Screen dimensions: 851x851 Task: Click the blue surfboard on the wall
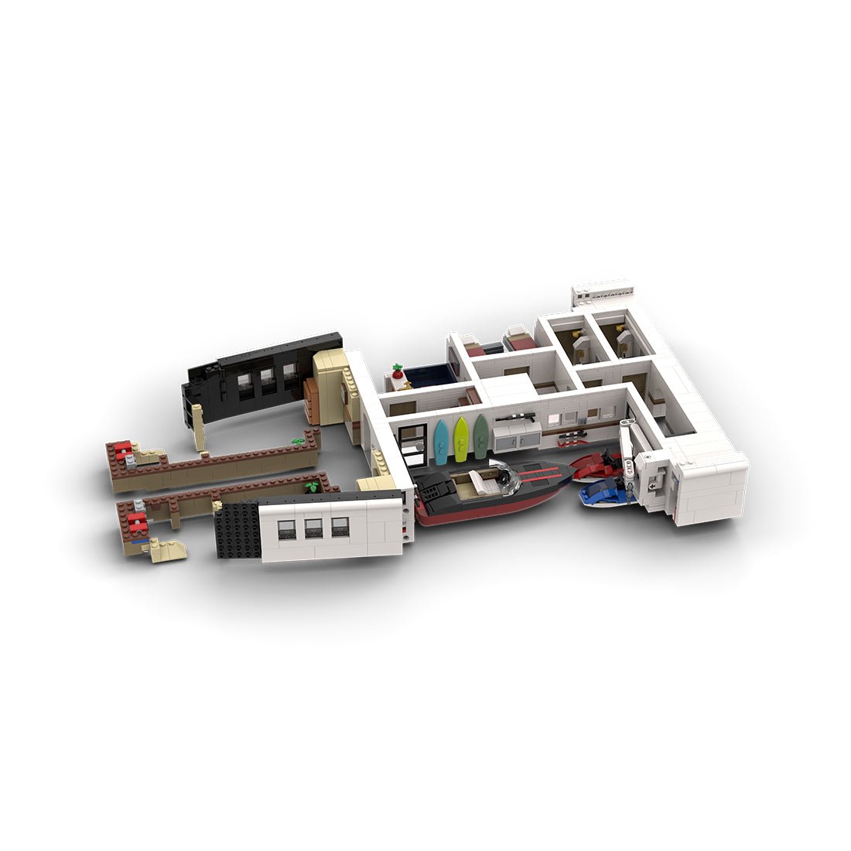(x=441, y=442)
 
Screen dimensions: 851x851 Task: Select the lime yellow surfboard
(x=461, y=439)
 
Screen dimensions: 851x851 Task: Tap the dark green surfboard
(x=481, y=436)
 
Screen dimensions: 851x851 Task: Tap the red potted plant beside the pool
(x=398, y=371)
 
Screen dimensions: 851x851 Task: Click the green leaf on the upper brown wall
(x=298, y=440)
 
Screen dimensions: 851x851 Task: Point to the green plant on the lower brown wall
(x=312, y=487)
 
